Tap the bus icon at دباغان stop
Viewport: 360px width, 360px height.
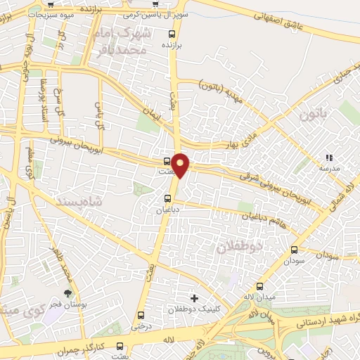[x=167, y=199]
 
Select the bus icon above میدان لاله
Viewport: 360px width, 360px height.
[x=261, y=286]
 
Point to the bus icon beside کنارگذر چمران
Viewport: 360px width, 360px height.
[x=119, y=346]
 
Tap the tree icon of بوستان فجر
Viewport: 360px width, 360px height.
[x=67, y=293]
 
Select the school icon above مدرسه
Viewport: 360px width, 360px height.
[x=328, y=158]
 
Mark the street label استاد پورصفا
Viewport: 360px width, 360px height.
[x=42, y=98]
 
